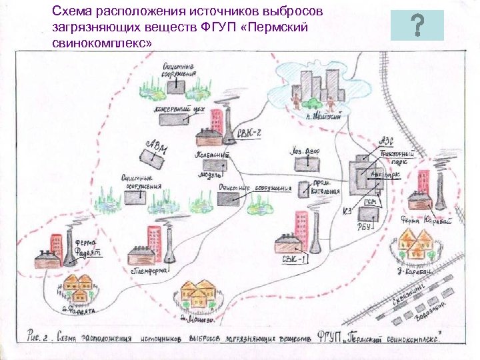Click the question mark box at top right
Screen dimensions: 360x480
click(x=417, y=26)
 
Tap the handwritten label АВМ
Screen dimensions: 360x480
click(x=157, y=147)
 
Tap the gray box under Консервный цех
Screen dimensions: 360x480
click(x=175, y=119)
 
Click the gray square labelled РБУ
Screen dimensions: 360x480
click(x=367, y=214)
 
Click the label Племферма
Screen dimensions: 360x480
click(x=150, y=272)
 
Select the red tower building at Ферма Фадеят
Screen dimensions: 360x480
click(x=57, y=243)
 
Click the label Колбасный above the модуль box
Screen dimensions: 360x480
click(x=211, y=155)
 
